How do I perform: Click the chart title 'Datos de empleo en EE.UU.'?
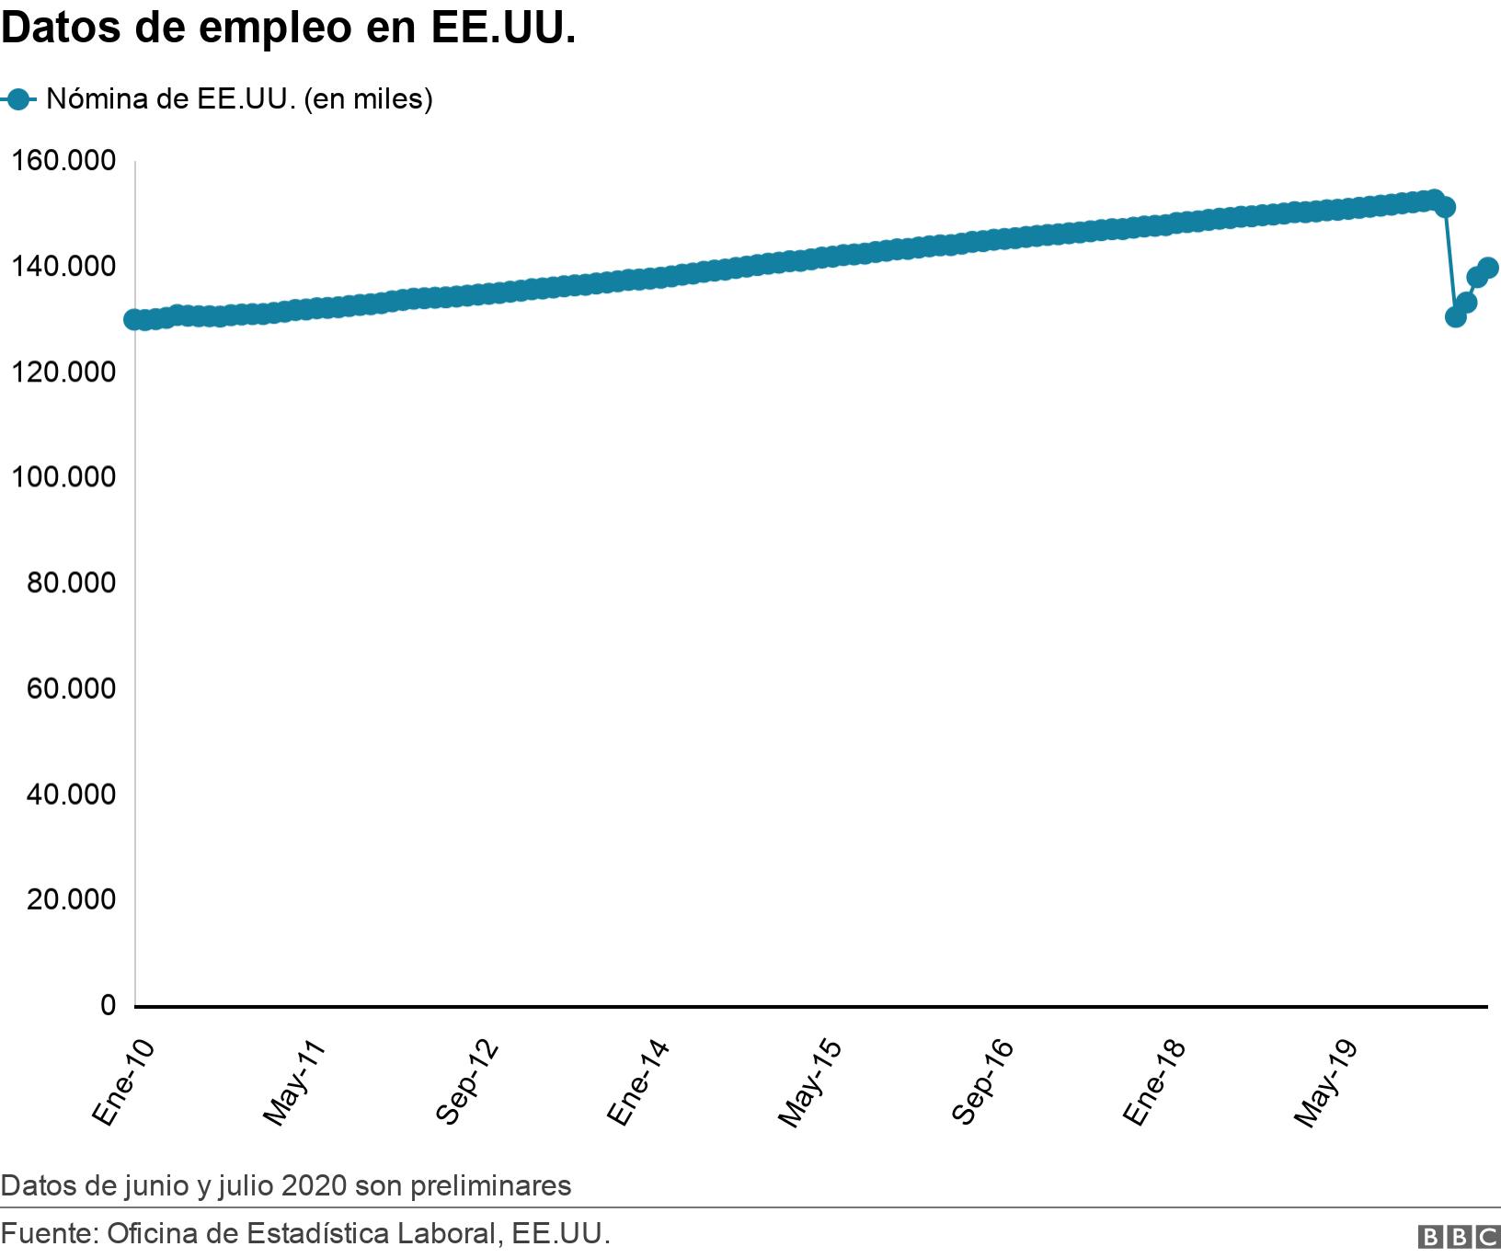pos(288,29)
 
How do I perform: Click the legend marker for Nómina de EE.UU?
pos(17,99)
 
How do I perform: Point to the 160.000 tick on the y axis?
pos(63,162)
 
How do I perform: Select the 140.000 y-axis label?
pos(63,268)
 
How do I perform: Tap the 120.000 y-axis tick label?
pos(63,372)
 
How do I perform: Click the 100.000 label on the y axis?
pos(63,478)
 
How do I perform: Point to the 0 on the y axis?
pos(109,1006)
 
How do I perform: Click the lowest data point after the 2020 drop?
pos(1455,316)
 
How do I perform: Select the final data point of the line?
pos(1488,268)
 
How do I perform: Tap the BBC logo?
pos(1459,1237)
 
